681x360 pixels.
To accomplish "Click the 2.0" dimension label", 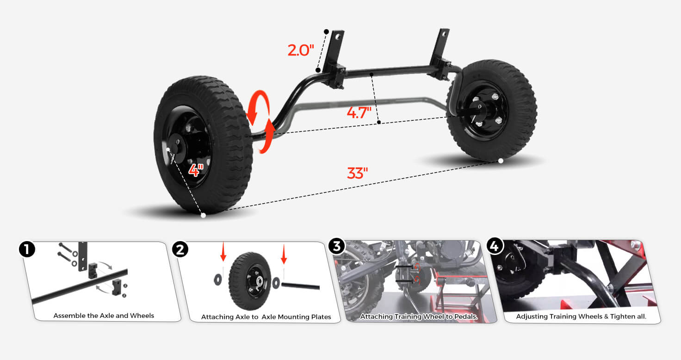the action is click(300, 50).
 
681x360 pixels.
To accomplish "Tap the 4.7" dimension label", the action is click(359, 112).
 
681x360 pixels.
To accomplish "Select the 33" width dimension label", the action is click(357, 173).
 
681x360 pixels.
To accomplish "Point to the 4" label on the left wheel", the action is click(196, 170).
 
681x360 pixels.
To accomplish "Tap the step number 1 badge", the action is click(27, 249).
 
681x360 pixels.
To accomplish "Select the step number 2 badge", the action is click(180, 249).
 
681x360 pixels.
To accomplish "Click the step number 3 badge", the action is click(336, 246).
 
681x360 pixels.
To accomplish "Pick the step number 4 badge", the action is click(495, 246).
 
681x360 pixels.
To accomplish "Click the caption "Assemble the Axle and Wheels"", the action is click(104, 316).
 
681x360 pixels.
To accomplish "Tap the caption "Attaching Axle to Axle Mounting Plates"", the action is click(266, 317).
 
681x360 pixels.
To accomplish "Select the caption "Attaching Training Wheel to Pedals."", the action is click(419, 317).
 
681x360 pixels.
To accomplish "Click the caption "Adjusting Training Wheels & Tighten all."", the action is click(581, 317).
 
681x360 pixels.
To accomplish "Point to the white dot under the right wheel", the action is click(501, 161).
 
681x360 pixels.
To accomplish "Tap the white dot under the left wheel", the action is click(204, 216).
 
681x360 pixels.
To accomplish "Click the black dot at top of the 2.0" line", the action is click(326, 31).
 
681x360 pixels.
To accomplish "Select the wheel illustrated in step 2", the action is click(250, 281).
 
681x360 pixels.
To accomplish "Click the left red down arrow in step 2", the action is click(223, 252).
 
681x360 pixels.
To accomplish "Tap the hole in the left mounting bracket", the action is click(337, 37).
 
